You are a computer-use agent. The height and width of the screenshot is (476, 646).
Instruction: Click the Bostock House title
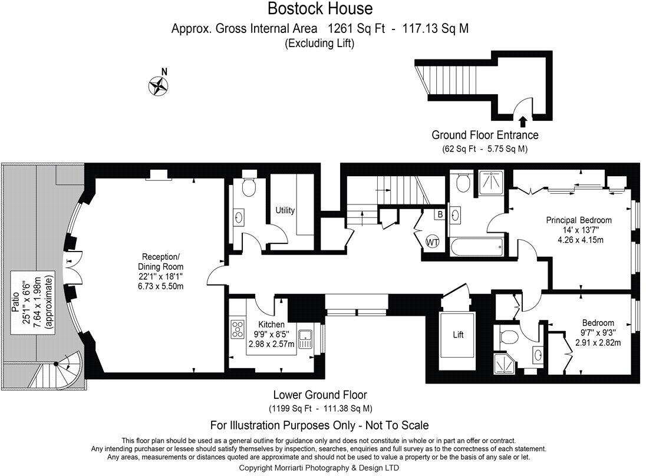[x=320, y=9]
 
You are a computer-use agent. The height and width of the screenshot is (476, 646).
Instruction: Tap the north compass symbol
[x=157, y=86]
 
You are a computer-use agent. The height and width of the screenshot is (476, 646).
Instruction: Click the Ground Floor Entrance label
[x=484, y=135]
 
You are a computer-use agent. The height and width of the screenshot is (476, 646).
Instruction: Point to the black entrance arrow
[x=523, y=122]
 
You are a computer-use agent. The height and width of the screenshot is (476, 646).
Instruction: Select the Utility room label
[x=285, y=210]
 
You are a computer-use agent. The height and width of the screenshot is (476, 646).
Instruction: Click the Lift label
[x=458, y=335]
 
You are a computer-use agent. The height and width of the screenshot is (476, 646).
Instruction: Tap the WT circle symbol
[x=433, y=242]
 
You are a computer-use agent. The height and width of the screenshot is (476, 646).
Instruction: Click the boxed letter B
[x=439, y=214]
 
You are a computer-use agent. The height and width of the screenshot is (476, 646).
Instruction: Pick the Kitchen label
[x=271, y=325]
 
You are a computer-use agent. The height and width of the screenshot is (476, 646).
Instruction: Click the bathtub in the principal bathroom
[x=476, y=246]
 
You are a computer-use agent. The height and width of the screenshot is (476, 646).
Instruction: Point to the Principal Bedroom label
[x=578, y=220]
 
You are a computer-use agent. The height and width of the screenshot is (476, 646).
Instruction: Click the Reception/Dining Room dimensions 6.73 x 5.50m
[x=161, y=286]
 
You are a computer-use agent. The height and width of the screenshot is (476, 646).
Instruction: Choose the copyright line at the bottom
[x=319, y=468]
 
